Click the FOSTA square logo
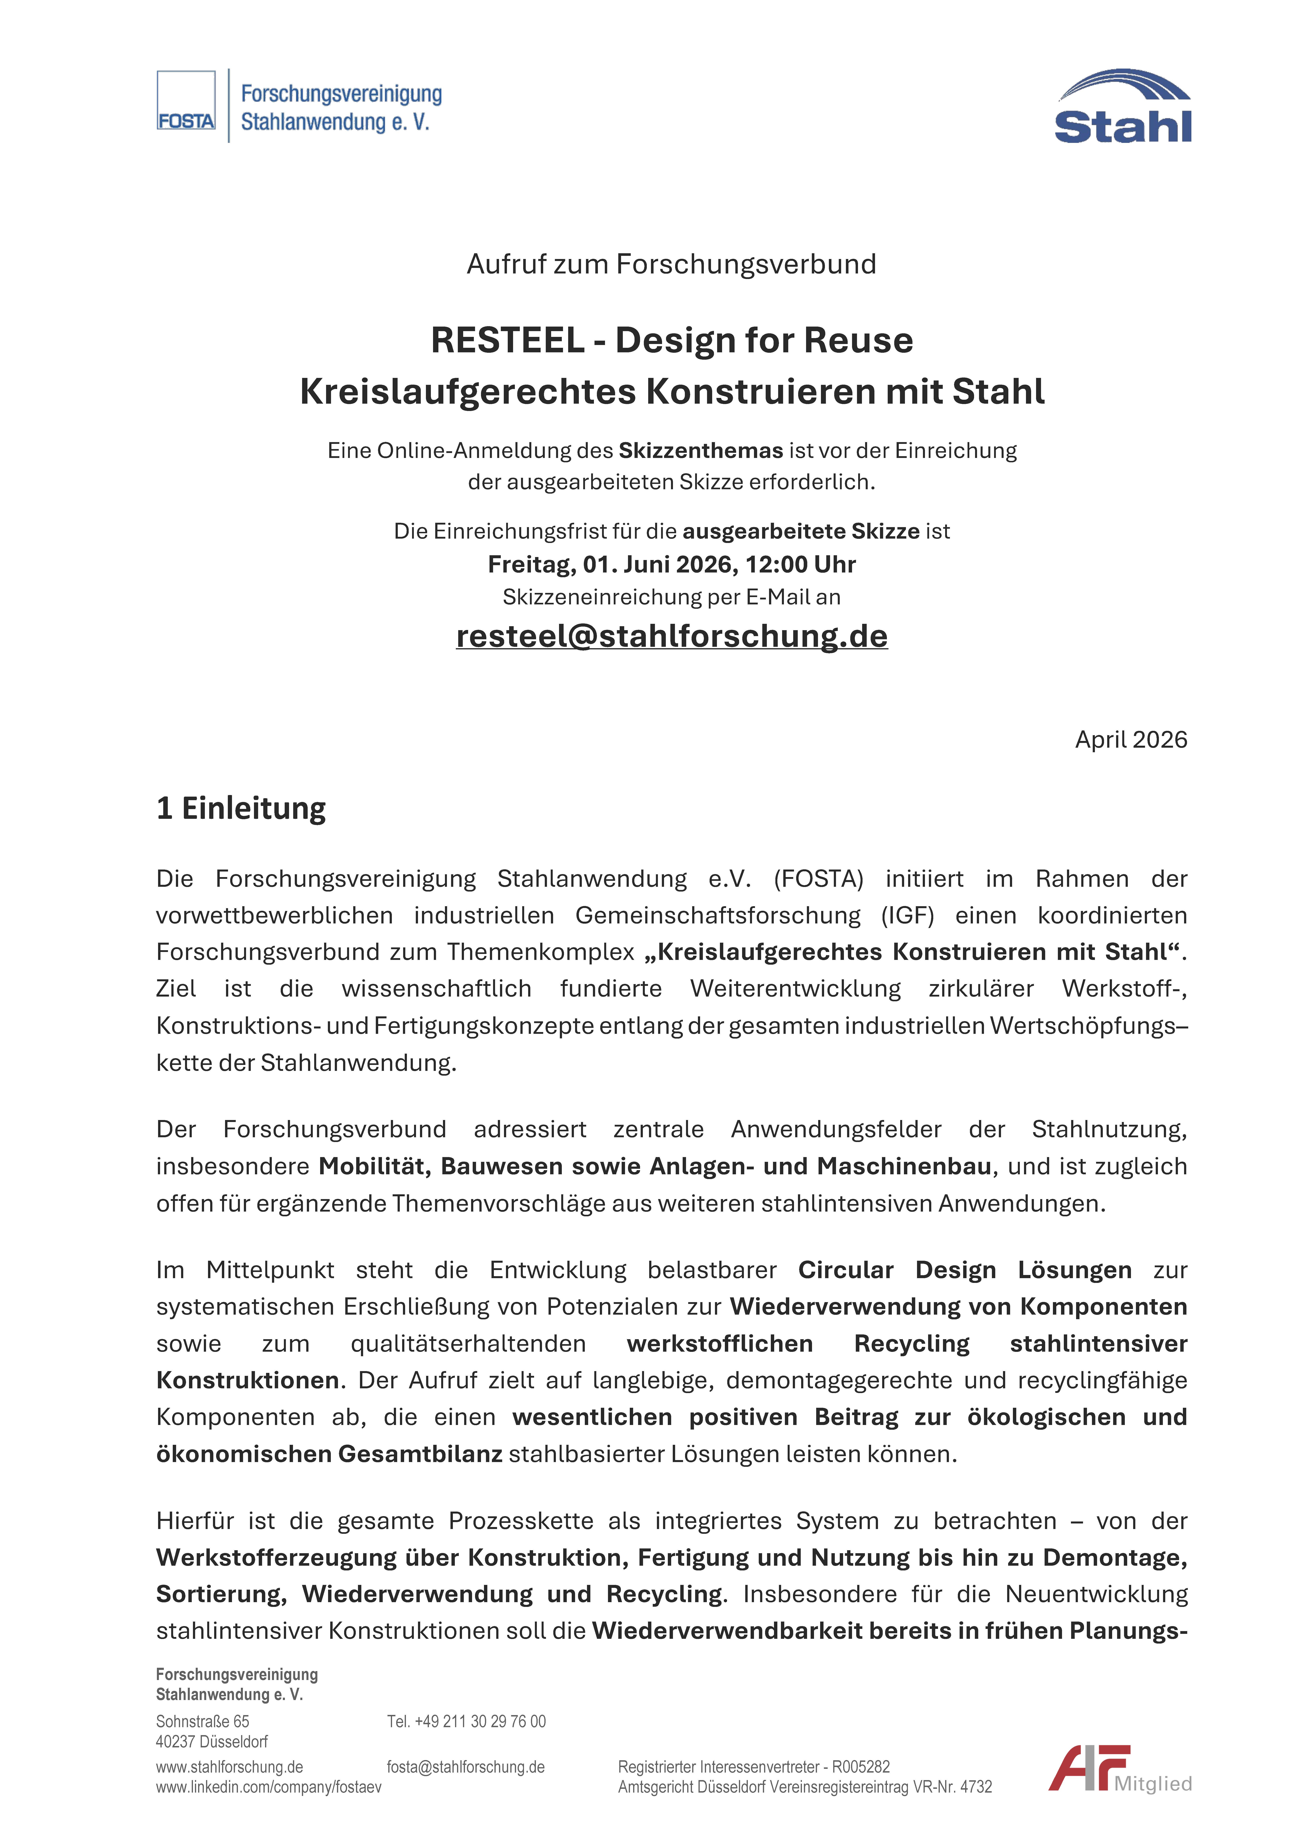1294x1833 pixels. tap(186, 101)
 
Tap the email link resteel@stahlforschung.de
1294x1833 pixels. tap(671, 636)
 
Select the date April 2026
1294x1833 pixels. tap(1130, 740)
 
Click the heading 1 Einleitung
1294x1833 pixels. tap(241, 809)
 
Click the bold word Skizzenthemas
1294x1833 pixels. tap(700, 451)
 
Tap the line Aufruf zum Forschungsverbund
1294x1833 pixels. tap(671, 264)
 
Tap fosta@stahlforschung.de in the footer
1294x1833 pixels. tap(465, 1768)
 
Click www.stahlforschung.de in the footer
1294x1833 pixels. tap(229, 1768)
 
